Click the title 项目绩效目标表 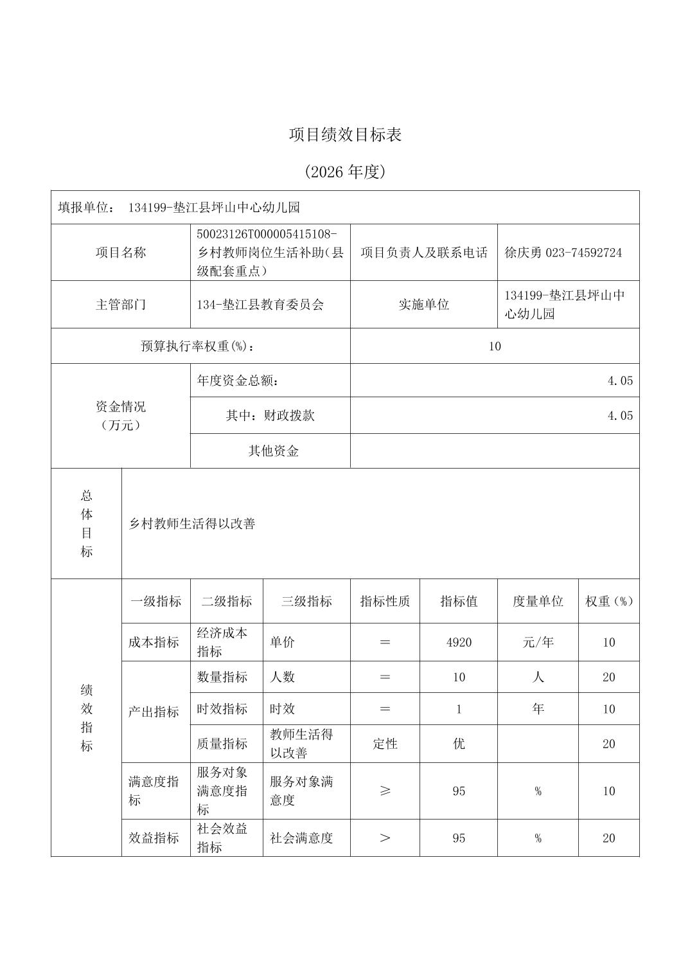345,135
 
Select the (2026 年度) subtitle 345,172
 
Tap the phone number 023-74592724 583,253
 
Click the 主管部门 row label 121,305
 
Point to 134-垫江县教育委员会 260,305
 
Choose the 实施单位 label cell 423,305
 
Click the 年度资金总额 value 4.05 620,381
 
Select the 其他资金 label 274,451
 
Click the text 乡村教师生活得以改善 193,524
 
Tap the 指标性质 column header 385,602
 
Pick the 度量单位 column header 538,602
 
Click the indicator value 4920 459,642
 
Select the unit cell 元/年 538,642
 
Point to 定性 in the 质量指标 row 385,744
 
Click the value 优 459,744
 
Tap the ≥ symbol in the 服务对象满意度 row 385,791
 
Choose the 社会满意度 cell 301,838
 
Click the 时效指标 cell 222,709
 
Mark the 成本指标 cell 154,642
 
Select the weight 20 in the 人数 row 608,677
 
